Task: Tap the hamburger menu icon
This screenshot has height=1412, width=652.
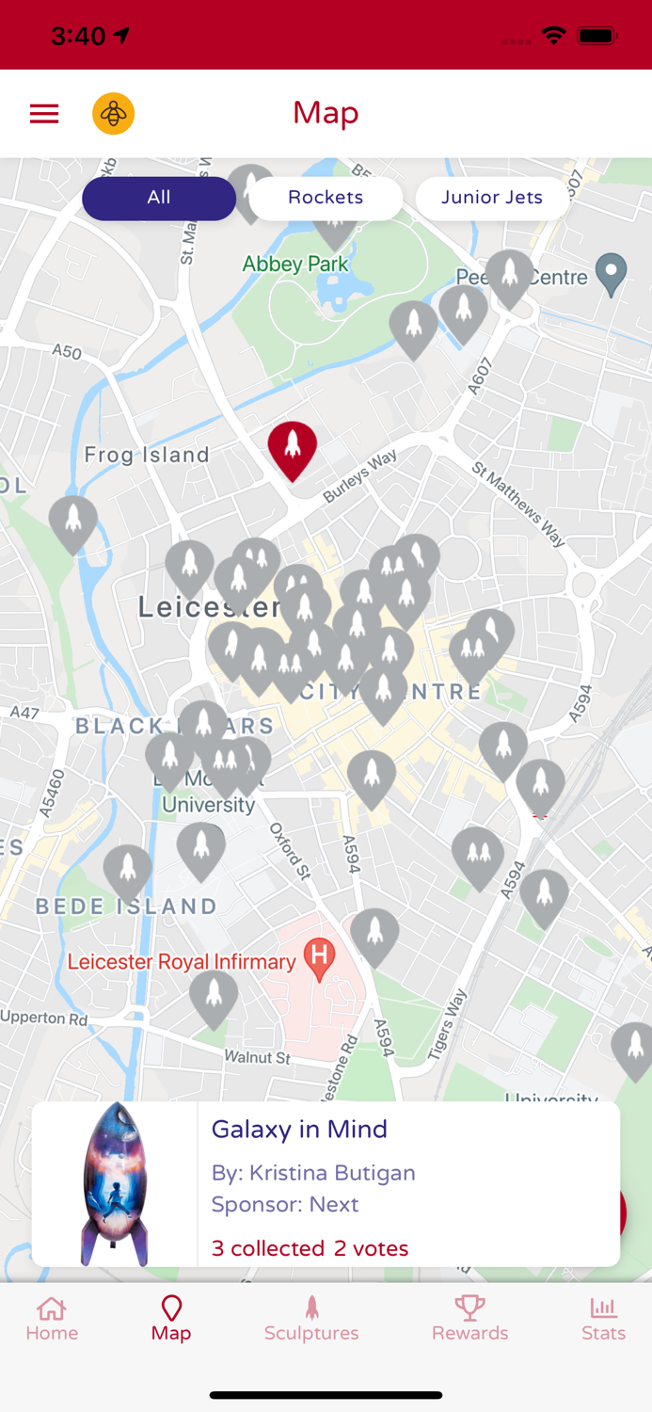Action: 44,114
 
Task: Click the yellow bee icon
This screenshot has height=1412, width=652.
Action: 113,114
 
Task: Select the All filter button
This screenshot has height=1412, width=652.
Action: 158,198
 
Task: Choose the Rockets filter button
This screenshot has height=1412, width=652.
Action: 326,198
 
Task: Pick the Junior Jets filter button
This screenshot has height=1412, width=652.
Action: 492,198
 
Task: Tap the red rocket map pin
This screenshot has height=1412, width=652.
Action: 293,448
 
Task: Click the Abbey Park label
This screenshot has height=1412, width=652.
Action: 295,265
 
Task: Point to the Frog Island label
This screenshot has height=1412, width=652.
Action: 147,456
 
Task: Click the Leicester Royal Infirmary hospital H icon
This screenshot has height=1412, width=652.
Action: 319,958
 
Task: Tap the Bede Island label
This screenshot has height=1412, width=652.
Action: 127,907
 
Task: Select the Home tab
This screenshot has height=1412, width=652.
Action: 52,1319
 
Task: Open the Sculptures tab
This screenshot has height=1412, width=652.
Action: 311,1319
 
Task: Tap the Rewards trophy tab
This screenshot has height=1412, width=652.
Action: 469,1319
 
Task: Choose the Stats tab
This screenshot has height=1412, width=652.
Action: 603,1319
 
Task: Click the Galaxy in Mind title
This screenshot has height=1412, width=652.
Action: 299,1130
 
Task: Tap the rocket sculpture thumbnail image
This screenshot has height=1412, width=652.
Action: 115,1184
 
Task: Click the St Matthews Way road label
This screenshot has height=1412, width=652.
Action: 519,504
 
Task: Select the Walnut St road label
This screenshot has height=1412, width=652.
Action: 258,1057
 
